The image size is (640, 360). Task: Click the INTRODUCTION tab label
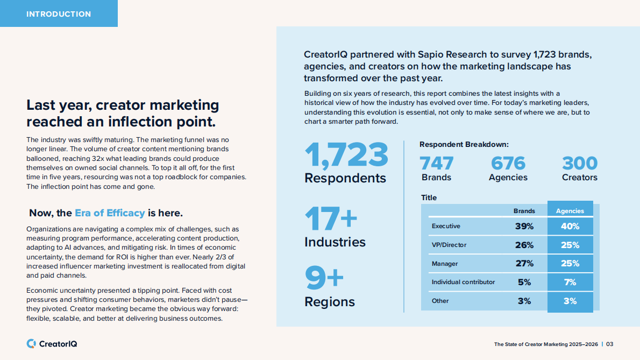pos(59,14)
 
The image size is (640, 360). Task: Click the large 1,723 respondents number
pos(346,155)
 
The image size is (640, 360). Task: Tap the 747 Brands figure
pos(436,163)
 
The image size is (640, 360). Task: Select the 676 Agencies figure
pos(508,163)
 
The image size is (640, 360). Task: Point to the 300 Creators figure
pos(579,163)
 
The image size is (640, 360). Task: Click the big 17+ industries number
pos(331,220)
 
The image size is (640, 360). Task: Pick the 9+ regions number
pos(324,278)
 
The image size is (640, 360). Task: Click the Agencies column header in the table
pos(570,211)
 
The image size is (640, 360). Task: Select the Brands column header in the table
pos(524,211)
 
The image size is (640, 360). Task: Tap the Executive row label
pos(446,226)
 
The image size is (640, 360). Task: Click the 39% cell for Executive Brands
pos(524,227)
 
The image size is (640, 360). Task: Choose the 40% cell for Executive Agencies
pos(570,227)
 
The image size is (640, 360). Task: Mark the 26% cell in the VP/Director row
pos(524,245)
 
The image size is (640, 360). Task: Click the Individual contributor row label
pos(463,282)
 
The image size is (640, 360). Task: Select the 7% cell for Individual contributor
pos(570,282)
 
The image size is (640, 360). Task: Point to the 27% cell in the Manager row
pos(524,264)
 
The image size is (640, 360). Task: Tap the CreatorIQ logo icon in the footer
pos(31,343)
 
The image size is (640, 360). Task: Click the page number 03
pos(610,344)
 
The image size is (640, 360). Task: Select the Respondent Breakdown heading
pos(464,144)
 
